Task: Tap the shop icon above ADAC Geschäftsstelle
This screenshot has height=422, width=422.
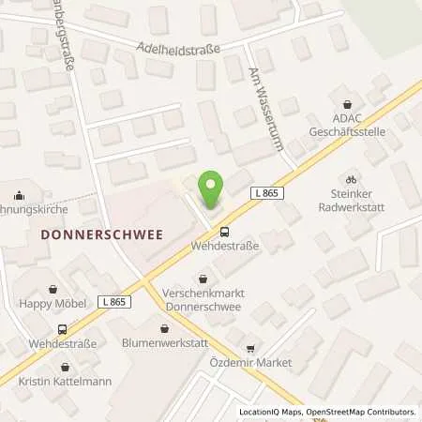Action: point(349,104)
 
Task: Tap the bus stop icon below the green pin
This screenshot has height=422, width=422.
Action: point(221,230)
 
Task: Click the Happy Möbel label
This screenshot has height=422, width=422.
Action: point(53,302)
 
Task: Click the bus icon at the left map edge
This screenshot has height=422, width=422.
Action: point(62,329)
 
